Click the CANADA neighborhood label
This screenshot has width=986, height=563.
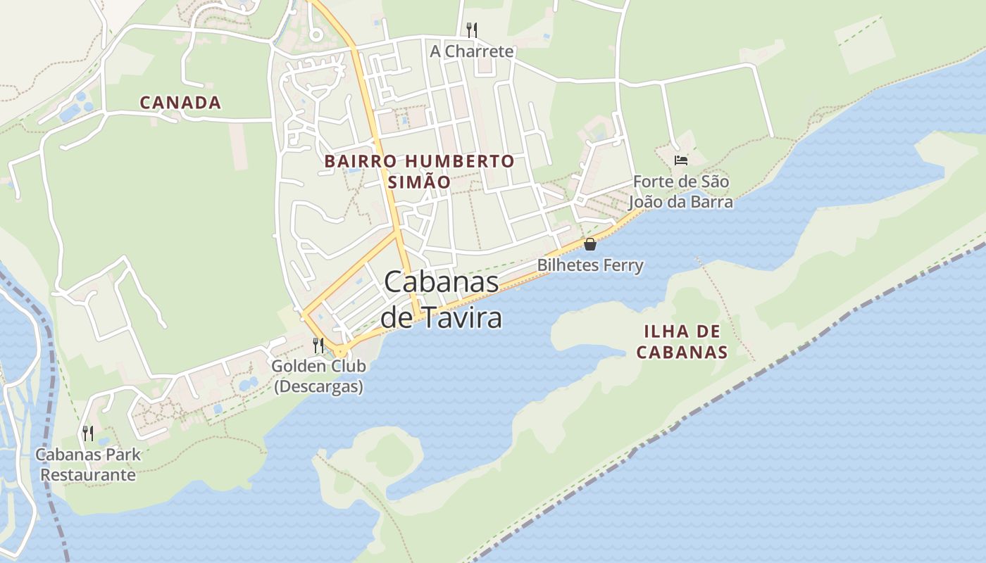pyautogui.click(x=180, y=103)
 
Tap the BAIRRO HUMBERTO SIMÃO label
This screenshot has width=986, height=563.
pyautogui.click(x=419, y=171)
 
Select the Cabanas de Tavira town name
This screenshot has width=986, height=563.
pyautogui.click(x=442, y=300)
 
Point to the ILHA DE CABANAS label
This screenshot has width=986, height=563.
pyautogui.click(x=682, y=342)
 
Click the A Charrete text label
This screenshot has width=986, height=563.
pyautogui.click(x=472, y=51)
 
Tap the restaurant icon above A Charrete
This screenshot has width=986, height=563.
pyautogui.click(x=472, y=30)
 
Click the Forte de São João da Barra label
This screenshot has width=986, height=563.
pyautogui.click(x=680, y=191)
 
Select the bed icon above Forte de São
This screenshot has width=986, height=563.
pyautogui.click(x=680, y=160)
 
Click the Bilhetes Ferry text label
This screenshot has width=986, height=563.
pyautogui.click(x=590, y=265)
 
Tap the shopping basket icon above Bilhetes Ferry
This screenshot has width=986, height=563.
pyautogui.click(x=590, y=244)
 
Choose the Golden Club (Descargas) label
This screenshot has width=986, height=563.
pyautogui.click(x=318, y=377)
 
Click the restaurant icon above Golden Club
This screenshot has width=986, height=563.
pyautogui.click(x=318, y=345)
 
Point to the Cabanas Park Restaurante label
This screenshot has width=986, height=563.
pyautogui.click(x=88, y=464)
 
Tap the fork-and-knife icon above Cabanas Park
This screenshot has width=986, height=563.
pyautogui.click(x=88, y=433)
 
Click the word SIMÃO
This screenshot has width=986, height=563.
pyautogui.click(x=419, y=182)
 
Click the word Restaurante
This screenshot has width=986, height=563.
pyautogui.click(x=88, y=474)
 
